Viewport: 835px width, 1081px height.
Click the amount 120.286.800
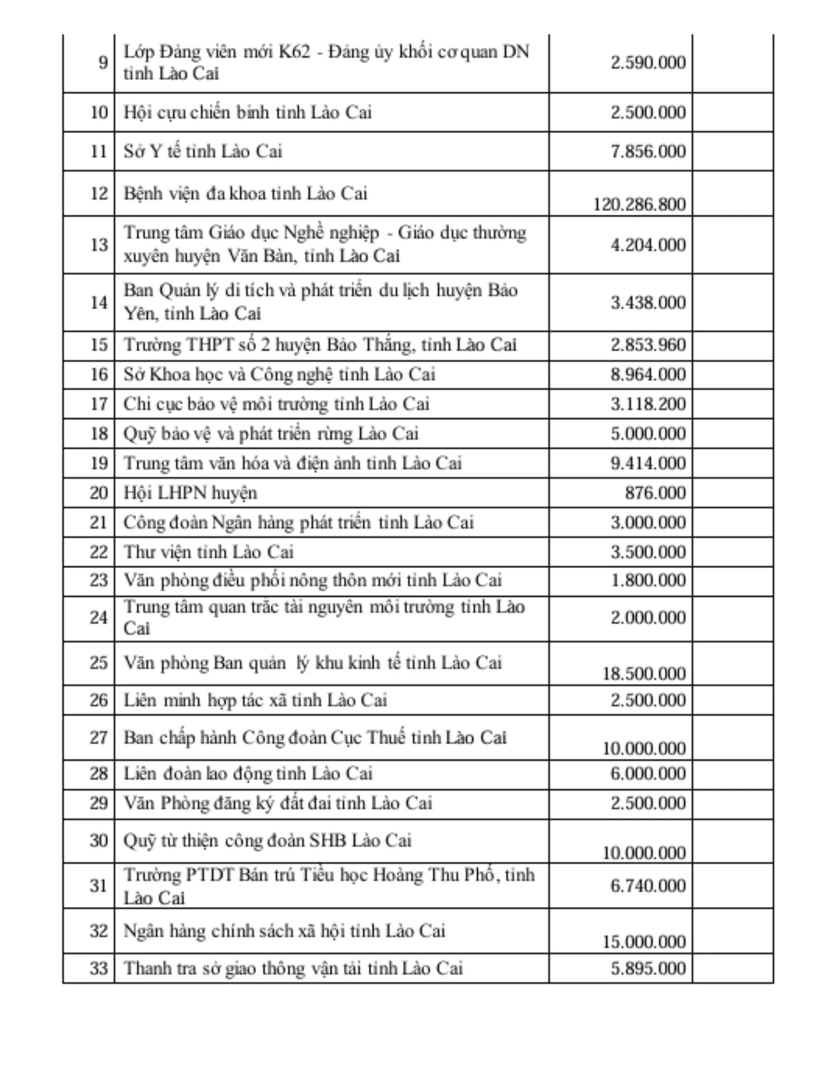[x=639, y=204]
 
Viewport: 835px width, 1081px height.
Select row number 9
[x=103, y=63]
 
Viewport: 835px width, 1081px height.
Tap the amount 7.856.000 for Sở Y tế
[x=648, y=151]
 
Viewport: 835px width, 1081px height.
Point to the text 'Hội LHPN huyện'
[x=190, y=493]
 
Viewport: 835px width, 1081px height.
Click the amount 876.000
[x=655, y=493]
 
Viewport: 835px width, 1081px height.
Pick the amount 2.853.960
[x=648, y=345]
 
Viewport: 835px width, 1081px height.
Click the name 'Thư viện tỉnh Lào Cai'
[x=209, y=552]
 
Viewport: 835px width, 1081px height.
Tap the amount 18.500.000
[x=644, y=673]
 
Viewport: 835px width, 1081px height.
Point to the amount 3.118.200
[x=648, y=404]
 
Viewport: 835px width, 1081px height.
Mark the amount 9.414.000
[x=648, y=463]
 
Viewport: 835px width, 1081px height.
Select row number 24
[x=99, y=617]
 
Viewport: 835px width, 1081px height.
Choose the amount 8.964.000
[x=648, y=374]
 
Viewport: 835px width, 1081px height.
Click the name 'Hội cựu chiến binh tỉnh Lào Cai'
[x=248, y=112]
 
